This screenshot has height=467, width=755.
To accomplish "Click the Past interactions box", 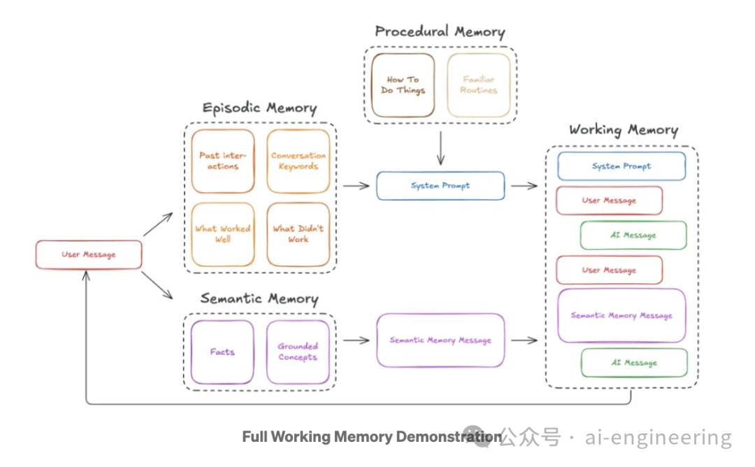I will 223,161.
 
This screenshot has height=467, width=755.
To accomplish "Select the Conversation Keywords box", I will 299,161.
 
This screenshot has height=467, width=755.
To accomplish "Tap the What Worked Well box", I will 223,234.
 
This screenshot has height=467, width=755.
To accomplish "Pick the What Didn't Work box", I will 299,234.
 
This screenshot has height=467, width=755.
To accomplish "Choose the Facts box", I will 222,352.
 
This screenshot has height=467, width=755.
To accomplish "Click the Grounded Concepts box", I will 299,352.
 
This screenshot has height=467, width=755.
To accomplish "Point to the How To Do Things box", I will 403,85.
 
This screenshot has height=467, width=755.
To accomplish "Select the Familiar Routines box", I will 479,85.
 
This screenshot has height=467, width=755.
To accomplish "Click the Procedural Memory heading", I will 440,31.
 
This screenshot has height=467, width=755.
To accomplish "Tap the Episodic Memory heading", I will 259,108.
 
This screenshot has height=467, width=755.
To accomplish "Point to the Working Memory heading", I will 623,130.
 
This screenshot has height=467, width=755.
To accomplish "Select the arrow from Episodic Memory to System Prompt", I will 356,186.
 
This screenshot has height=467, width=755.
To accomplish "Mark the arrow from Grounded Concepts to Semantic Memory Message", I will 356,340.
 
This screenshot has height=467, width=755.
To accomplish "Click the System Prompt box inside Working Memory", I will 621,166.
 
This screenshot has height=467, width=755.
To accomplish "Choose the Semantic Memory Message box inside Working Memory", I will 621,315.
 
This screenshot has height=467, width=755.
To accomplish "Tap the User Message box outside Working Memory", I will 89,255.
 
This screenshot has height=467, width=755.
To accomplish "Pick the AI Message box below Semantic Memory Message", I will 634,363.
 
